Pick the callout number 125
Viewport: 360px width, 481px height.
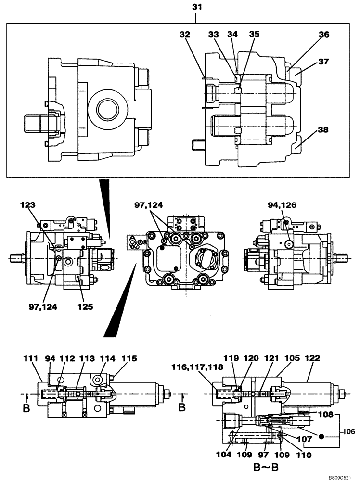click(87, 305)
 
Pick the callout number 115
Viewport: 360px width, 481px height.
click(129, 358)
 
